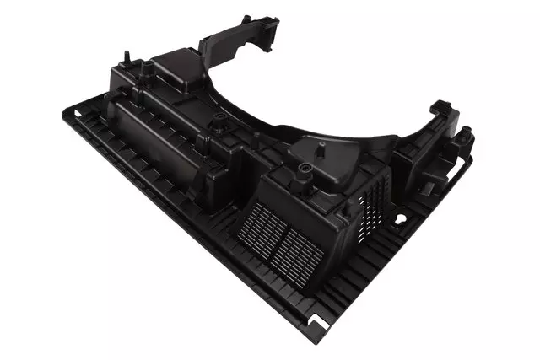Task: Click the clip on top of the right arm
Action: click(440, 109)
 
